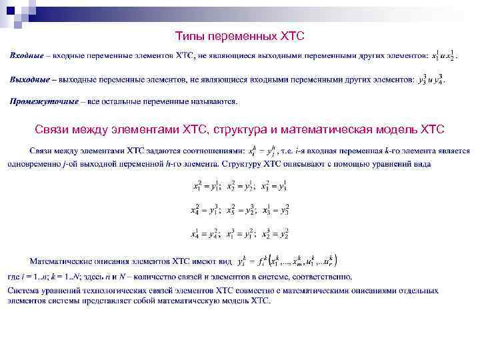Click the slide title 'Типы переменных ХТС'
coord(239,35)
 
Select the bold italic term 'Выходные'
coord(29,80)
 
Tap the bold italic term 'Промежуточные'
coord(43,102)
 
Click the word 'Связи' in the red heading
coord(52,128)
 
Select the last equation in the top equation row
coord(275,187)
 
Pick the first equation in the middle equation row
coord(206,211)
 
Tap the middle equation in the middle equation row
coord(241,211)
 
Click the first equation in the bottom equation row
coord(206,234)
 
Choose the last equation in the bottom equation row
coord(275,234)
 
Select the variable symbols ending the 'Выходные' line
coord(430,80)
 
